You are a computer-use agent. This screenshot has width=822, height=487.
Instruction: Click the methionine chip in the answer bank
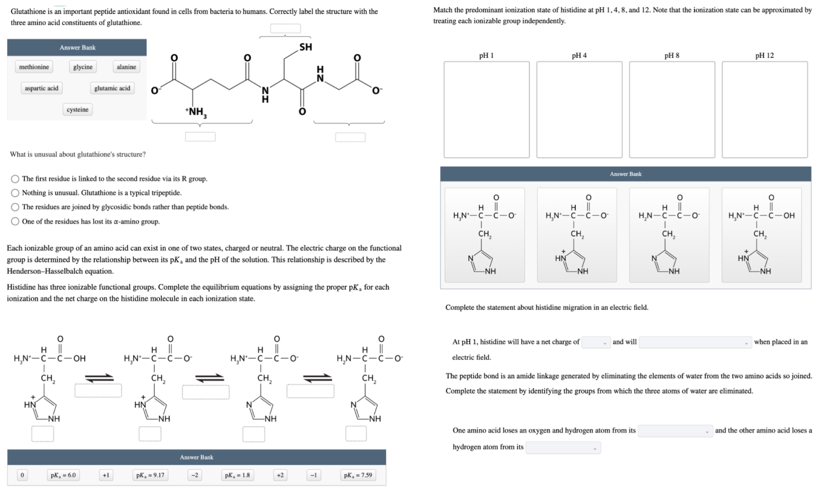click(34, 67)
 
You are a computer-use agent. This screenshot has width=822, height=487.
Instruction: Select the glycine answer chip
click(83, 67)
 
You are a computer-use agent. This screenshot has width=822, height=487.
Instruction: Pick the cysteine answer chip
click(77, 109)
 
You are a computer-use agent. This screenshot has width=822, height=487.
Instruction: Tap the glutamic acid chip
click(112, 88)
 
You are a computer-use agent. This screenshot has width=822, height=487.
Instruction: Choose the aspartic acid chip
click(42, 88)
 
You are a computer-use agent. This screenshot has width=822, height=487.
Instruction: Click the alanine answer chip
click(126, 67)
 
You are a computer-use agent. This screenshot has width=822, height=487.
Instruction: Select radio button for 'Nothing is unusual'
click(15, 193)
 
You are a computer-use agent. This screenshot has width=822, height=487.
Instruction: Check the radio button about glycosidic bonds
click(15, 207)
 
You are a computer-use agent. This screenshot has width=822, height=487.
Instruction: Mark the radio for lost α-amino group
click(15, 222)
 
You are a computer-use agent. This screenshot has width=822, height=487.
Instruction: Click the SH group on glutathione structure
click(305, 47)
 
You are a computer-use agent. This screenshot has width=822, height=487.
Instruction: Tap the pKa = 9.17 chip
click(150, 475)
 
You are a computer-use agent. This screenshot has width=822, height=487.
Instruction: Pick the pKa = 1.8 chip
click(237, 475)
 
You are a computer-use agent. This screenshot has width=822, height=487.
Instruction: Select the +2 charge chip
click(280, 475)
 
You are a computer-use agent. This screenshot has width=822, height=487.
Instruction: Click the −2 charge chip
click(194, 475)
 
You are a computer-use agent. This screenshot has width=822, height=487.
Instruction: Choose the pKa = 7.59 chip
click(358, 475)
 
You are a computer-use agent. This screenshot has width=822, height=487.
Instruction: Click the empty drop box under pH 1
click(486, 109)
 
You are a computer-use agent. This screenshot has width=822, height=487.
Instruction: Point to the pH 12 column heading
click(764, 56)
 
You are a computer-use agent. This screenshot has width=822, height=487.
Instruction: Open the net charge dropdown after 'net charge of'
click(596, 343)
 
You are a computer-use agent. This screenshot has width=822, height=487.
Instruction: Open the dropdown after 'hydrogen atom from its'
click(563, 448)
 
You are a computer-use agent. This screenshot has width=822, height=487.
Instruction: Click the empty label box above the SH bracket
click(286, 28)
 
